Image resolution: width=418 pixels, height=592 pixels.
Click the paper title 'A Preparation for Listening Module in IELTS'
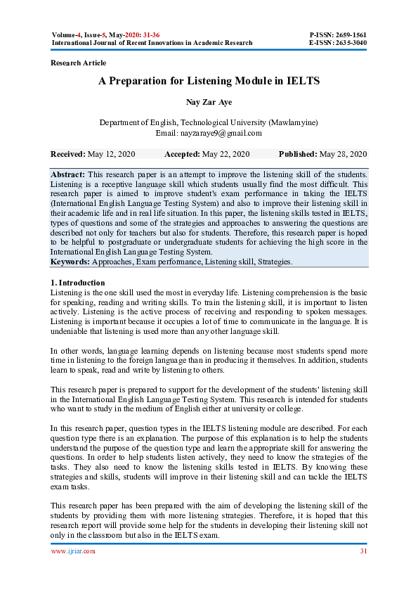point(209,81)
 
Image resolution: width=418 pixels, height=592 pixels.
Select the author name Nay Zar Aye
point(209,102)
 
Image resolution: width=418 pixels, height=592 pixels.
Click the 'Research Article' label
point(79,63)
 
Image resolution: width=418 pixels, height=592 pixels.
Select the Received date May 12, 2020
point(112,154)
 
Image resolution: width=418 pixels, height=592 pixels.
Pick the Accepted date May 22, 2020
point(226,154)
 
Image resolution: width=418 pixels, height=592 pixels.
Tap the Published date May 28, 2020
point(343,154)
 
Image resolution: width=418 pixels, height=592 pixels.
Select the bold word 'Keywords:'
point(70,262)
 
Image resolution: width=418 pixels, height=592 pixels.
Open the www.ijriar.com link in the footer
point(73,551)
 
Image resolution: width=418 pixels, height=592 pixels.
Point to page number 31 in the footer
point(363,551)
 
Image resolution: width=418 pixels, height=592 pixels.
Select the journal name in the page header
point(152,43)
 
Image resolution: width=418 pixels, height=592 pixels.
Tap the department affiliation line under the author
point(209,122)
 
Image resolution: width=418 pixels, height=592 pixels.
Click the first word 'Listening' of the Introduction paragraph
point(67,291)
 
